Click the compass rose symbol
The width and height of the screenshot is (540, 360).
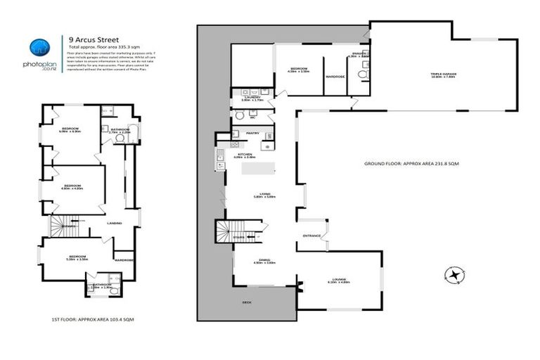[x=455, y=274]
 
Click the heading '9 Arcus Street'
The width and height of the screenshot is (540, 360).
[x=91, y=40]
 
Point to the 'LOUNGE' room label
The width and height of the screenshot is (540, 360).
[x=340, y=279]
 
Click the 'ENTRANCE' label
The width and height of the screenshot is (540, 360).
[x=311, y=236]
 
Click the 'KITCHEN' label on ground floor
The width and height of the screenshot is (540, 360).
[x=243, y=154]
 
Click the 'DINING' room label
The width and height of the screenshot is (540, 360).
[x=264, y=259]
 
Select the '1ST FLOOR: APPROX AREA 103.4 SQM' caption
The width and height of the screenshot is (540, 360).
[x=92, y=320]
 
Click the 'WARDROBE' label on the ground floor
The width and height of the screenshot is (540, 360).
[x=334, y=77]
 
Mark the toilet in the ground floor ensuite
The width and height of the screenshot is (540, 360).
[x=361, y=72]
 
